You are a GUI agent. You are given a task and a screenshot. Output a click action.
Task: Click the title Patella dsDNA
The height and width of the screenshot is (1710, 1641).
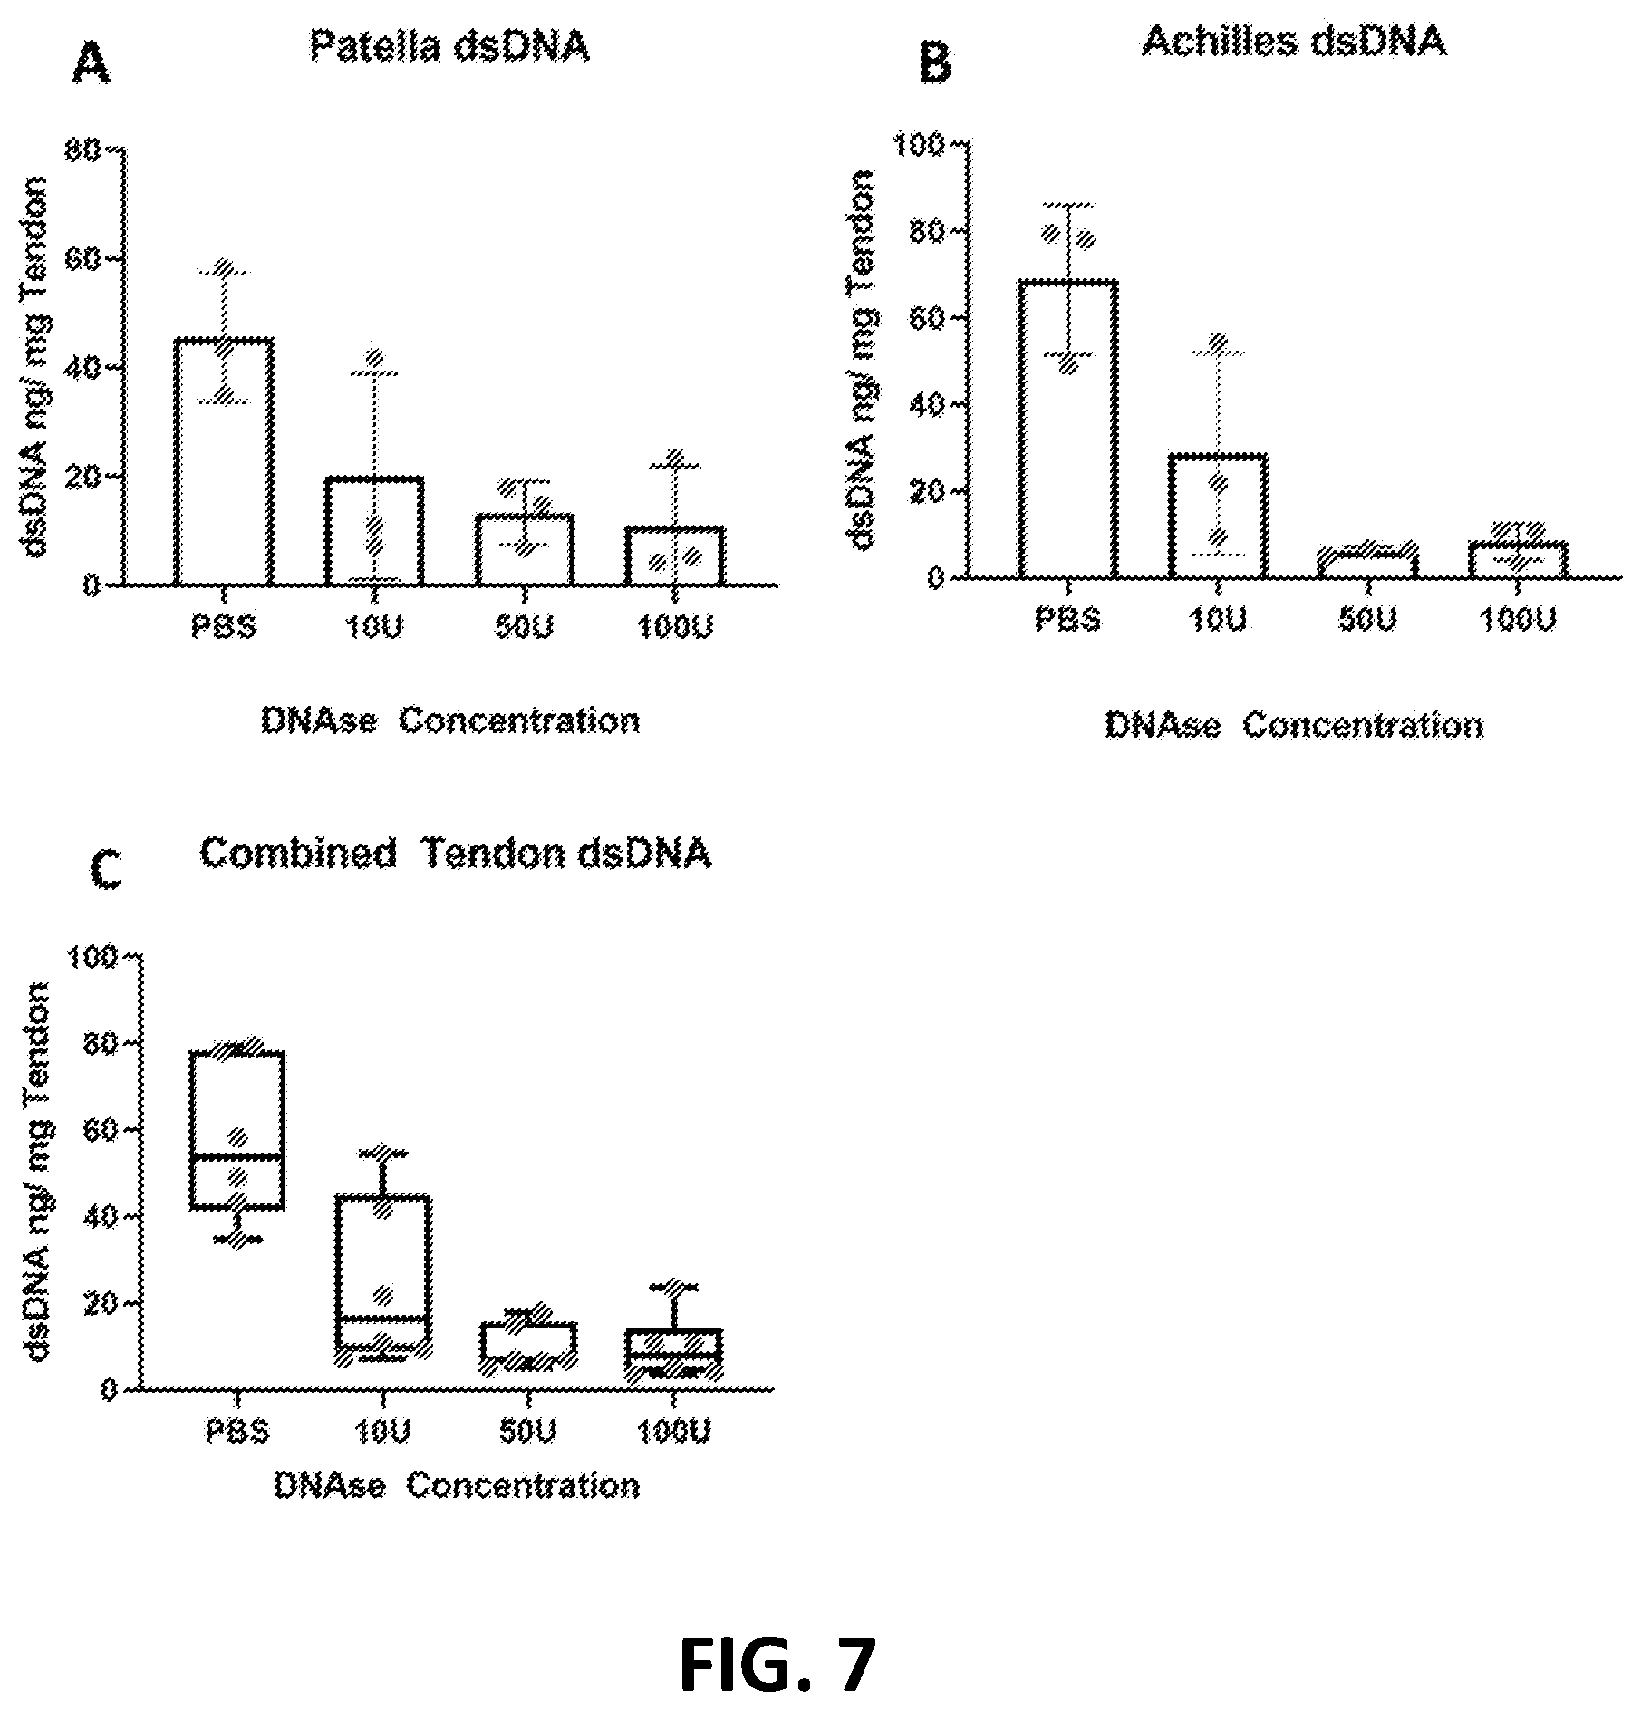(449, 46)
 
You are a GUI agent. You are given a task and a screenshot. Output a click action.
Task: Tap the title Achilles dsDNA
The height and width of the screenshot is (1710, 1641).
(1293, 41)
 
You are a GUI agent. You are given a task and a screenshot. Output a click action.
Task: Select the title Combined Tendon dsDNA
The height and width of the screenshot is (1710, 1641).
(455, 854)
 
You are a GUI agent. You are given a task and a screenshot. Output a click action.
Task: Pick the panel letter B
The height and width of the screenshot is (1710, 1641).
(936, 64)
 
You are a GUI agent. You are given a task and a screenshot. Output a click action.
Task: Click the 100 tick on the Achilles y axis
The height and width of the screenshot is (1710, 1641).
(919, 144)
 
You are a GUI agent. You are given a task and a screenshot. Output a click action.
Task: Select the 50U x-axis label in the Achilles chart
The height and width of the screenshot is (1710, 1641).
(1366, 620)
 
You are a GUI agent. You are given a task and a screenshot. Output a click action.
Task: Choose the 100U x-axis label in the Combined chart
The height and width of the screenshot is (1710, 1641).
(675, 1431)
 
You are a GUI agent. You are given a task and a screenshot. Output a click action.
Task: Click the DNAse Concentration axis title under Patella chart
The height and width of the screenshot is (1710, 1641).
(450, 721)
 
